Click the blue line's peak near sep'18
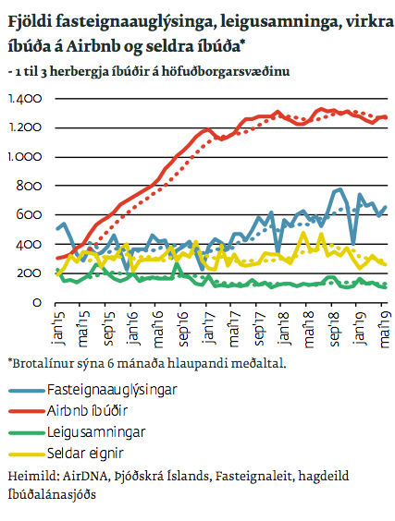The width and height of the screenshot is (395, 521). click(x=339, y=189)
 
